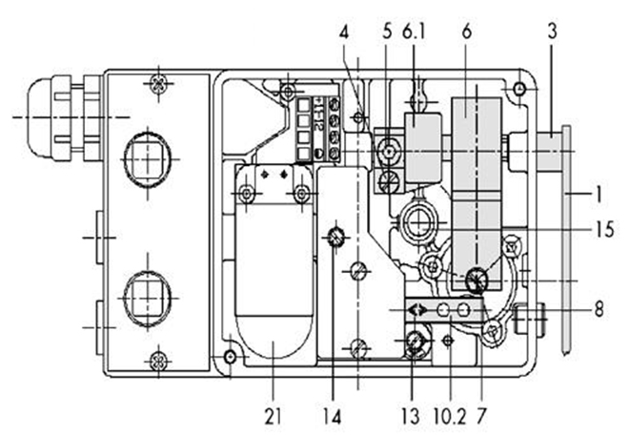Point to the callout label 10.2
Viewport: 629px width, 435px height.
[x=451, y=416]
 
